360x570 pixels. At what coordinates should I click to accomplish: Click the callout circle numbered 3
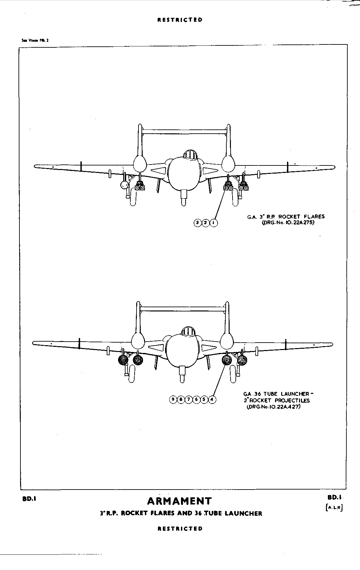coord(198,223)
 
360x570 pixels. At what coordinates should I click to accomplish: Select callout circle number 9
coord(173,399)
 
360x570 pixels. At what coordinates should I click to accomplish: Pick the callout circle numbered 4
coord(212,399)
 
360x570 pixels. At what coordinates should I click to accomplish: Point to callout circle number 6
coord(197,399)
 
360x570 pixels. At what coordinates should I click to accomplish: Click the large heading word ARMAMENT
coord(179,501)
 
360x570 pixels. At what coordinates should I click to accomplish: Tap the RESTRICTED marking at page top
coord(180,20)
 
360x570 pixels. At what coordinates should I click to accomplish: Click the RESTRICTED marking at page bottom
coord(180,528)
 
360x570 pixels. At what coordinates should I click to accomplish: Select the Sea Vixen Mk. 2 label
coord(33,41)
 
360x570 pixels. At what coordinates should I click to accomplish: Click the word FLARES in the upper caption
coord(314,216)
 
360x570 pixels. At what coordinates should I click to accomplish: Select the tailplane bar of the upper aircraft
coord(184,132)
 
